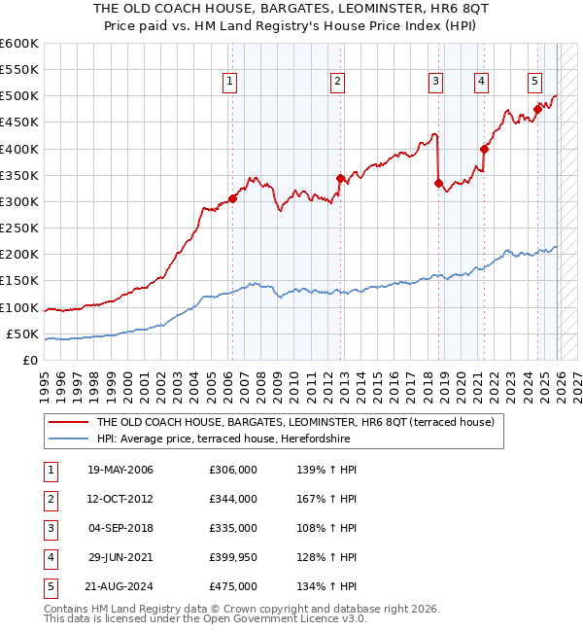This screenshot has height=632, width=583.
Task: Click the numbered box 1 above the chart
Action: click(x=230, y=83)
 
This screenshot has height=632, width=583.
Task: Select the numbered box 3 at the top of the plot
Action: click(x=436, y=83)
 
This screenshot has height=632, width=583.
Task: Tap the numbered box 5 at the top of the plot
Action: click(x=535, y=83)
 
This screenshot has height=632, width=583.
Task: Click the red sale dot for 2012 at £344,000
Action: click(x=340, y=179)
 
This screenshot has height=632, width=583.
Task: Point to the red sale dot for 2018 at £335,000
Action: click(x=438, y=183)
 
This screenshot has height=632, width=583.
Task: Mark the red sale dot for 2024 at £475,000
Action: click(x=537, y=109)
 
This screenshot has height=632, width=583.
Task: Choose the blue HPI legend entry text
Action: click(x=223, y=439)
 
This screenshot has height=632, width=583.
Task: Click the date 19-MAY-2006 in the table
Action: click(x=120, y=470)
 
